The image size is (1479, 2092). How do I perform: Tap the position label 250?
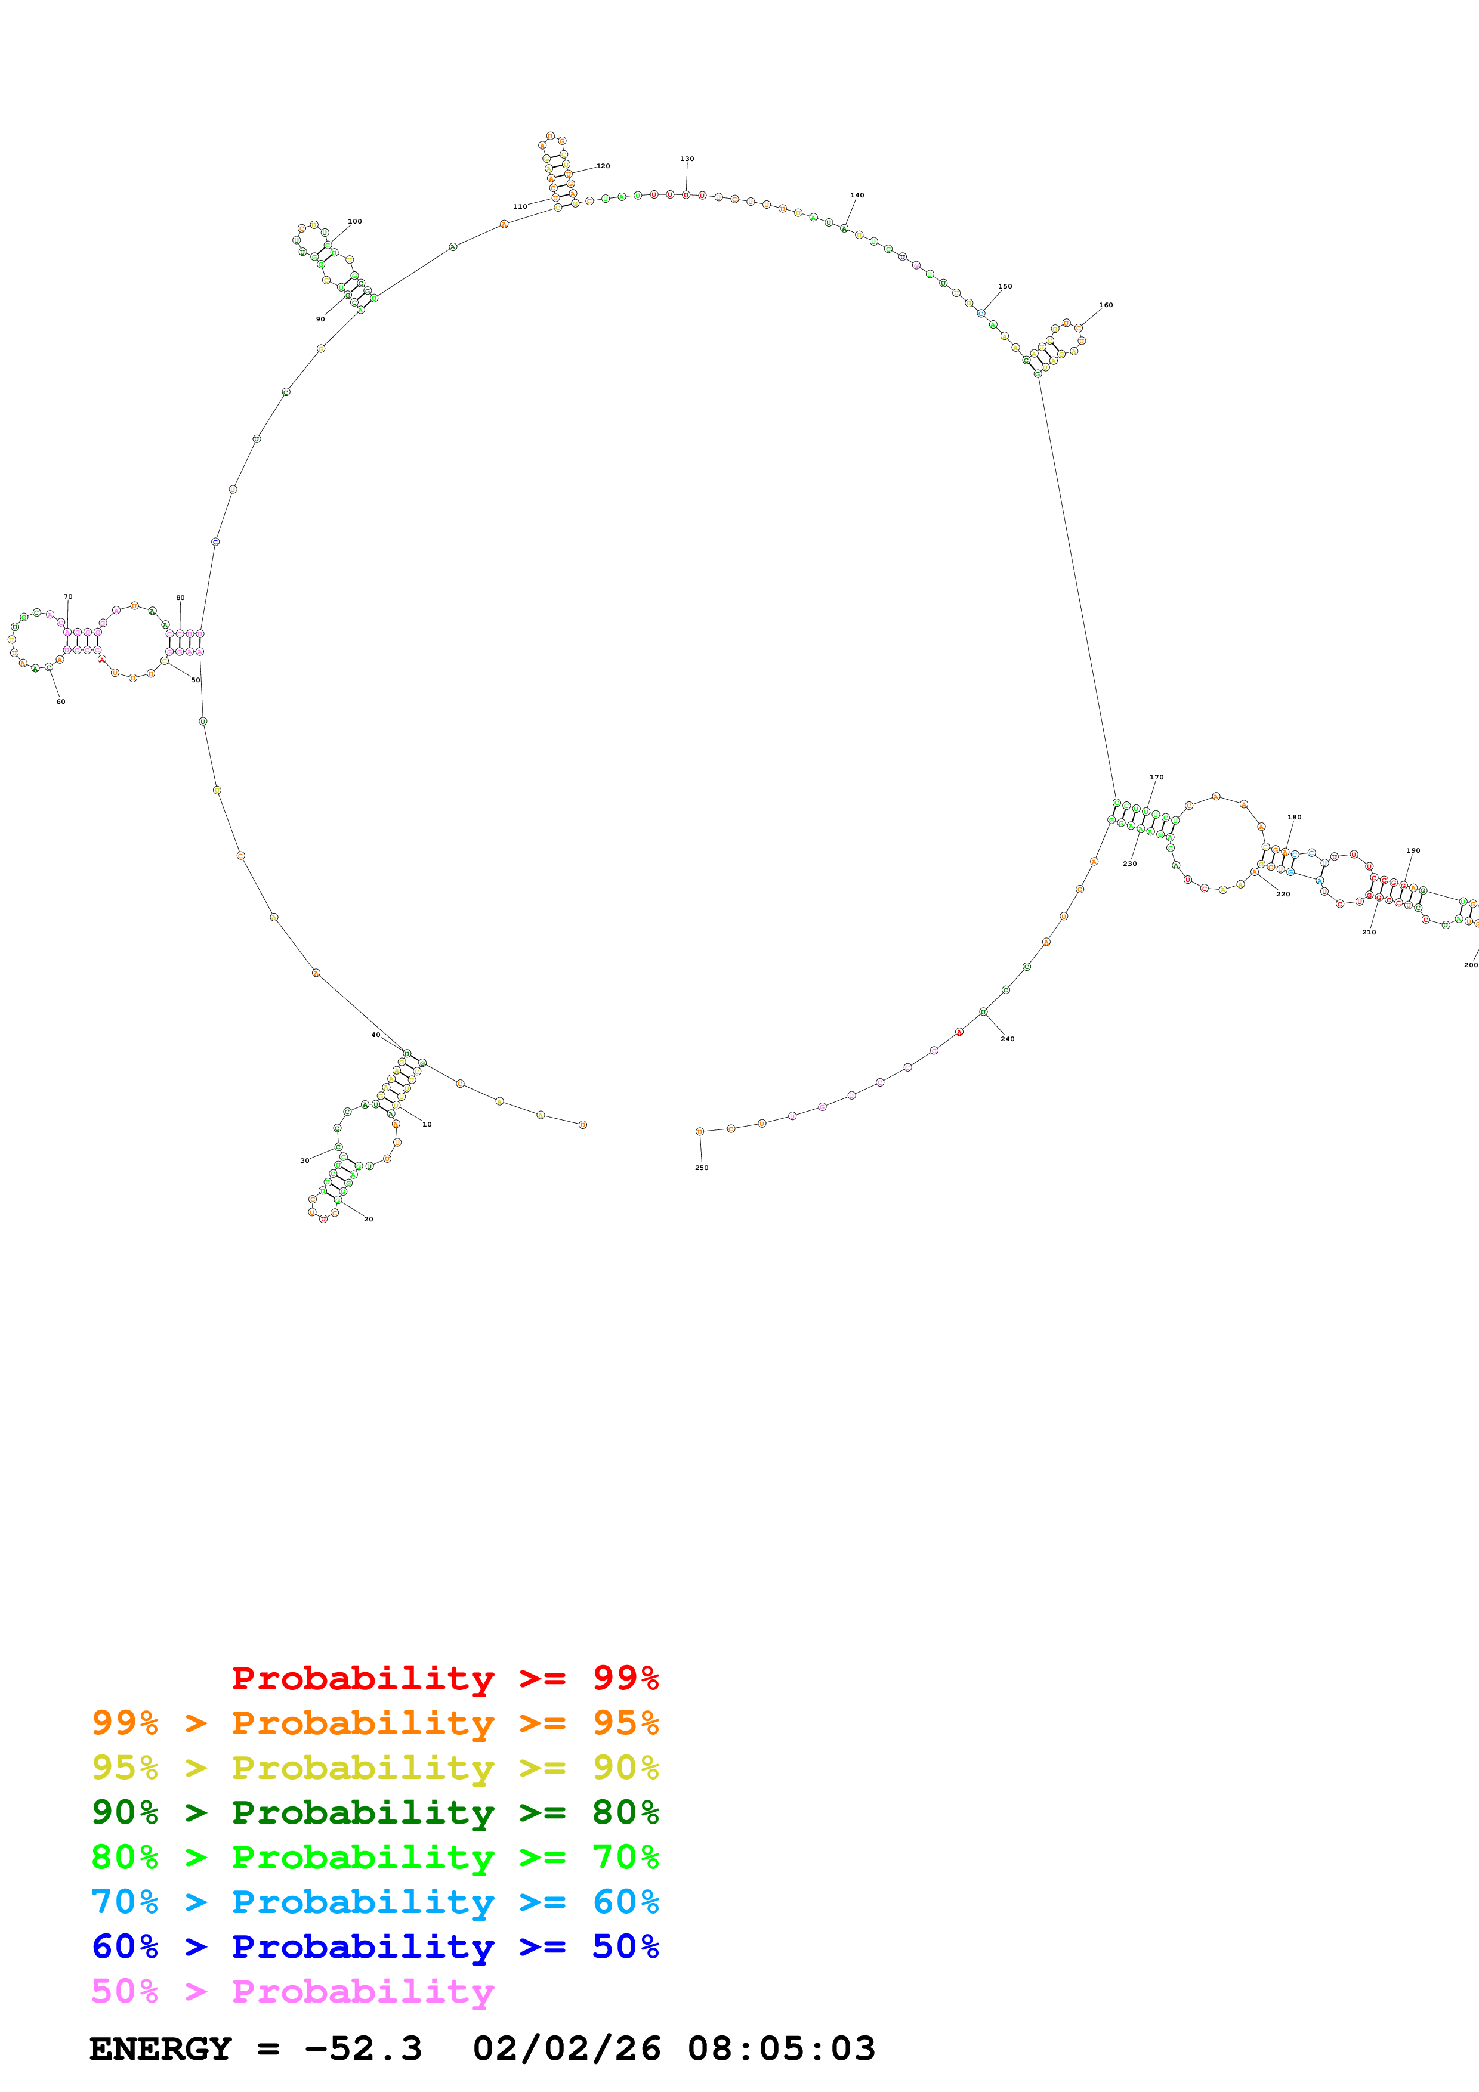tap(701, 1167)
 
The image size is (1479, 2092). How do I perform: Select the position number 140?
tap(857, 195)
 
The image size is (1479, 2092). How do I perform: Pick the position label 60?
tap(60, 701)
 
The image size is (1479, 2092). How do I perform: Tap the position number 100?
tap(354, 221)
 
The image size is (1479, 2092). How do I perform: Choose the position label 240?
tap(1007, 1039)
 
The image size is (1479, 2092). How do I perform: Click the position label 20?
tap(368, 1218)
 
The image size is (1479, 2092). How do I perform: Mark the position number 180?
tap(1294, 818)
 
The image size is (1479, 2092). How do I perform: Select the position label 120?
tap(603, 166)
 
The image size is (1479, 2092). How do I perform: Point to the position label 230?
tap(1129, 864)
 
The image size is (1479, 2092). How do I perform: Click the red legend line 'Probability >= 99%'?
tap(444, 1678)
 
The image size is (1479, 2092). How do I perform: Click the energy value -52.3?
tap(363, 2048)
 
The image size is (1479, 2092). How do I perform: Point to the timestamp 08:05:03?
tap(781, 2048)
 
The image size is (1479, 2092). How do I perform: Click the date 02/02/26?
tap(566, 2048)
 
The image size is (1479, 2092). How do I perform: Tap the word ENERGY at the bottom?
tap(160, 2048)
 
